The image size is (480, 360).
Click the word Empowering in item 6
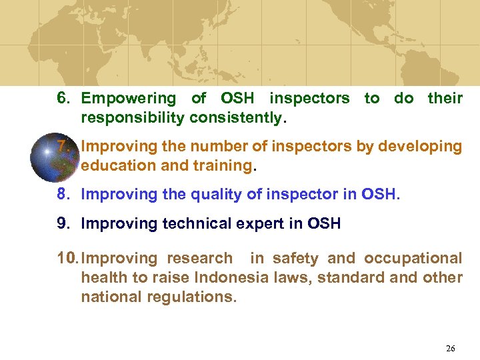(128, 99)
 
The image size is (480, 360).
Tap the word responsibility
(133, 119)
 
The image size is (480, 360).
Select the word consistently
(237, 119)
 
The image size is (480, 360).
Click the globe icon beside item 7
(54, 157)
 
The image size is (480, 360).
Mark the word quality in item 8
(211, 195)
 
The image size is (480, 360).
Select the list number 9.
(63, 224)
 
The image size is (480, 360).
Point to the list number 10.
(67, 258)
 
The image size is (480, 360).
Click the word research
(199, 258)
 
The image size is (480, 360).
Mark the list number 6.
(63, 99)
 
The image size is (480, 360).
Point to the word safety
(295, 258)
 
